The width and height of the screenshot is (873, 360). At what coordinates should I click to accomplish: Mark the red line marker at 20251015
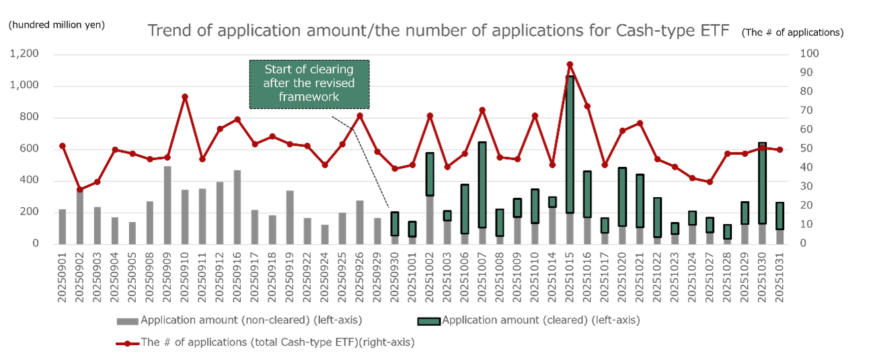pyautogui.click(x=570, y=65)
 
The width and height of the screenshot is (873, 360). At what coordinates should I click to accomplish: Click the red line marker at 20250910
pyautogui.click(x=185, y=96)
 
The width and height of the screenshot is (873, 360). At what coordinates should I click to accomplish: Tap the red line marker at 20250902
pyautogui.click(x=80, y=189)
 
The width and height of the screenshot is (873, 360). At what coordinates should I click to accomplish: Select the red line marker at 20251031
pyautogui.click(x=780, y=149)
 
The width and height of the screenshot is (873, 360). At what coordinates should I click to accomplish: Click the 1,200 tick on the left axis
pyautogui.click(x=26, y=54)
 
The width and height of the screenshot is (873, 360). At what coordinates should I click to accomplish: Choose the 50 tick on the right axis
pyautogui.click(x=804, y=149)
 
